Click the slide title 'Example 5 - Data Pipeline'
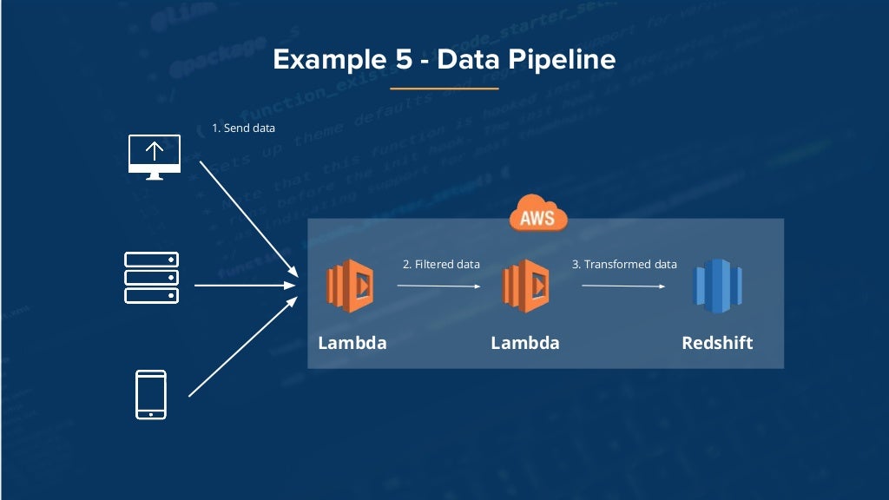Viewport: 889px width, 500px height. [444, 59]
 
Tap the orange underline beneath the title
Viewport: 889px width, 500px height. [444, 89]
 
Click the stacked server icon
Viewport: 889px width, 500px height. [151, 278]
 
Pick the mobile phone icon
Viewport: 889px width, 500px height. [151, 395]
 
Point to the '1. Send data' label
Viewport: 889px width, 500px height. [244, 128]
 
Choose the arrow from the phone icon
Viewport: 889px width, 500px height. [242, 348]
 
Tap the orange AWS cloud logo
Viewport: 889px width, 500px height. [538, 214]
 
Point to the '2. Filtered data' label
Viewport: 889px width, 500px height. [441, 264]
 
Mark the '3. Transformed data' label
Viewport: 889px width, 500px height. [624, 264]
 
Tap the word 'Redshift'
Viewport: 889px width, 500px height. [717, 342]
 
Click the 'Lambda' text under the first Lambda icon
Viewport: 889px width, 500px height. [352, 342]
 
